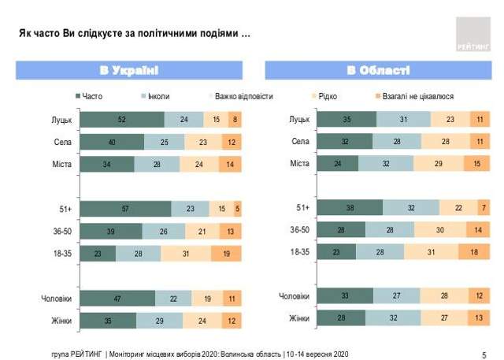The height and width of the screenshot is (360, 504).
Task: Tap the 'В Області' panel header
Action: [x=378, y=70]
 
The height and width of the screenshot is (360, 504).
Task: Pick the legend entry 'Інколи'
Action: [x=156, y=96]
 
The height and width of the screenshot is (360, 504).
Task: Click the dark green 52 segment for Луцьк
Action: [x=120, y=120]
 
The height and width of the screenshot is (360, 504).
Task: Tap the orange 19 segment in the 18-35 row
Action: [x=226, y=254]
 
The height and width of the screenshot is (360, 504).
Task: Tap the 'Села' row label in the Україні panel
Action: [x=62, y=142]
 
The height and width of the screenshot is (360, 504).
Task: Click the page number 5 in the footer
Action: [x=484, y=354]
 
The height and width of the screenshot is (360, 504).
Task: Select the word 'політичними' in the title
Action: [x=169, y=37]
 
